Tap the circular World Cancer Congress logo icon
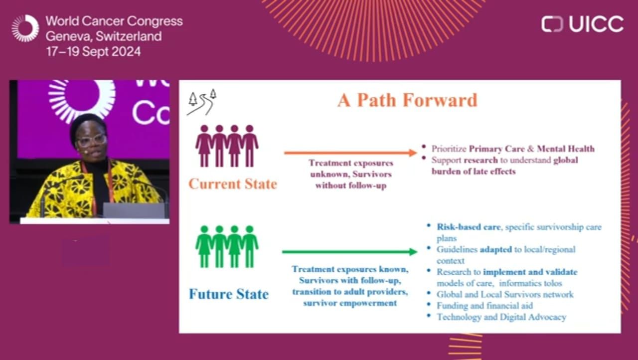25,28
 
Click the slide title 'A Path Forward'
407,100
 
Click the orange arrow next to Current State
350,153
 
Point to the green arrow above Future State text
350,252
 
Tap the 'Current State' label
233,184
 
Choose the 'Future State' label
229,294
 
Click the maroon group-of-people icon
227,146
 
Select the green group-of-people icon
227,247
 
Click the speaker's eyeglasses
91,140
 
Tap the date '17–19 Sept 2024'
93,51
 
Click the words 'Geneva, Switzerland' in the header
104,36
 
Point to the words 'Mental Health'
566,149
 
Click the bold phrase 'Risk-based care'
469,227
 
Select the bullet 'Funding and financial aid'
484,306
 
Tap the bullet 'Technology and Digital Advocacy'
501,317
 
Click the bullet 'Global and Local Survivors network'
505,294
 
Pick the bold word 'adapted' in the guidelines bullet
496,250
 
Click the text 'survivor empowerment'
350,303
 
